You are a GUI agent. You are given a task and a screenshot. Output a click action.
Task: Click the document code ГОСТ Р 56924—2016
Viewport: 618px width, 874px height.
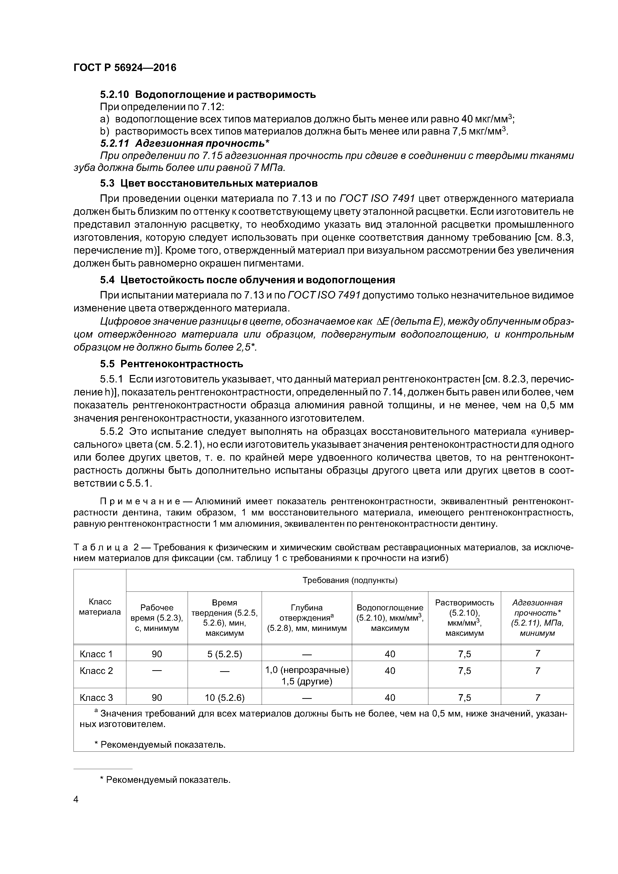click(125, 68)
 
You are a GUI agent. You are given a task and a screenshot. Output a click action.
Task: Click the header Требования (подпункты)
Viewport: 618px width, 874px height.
click(350, 580)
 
